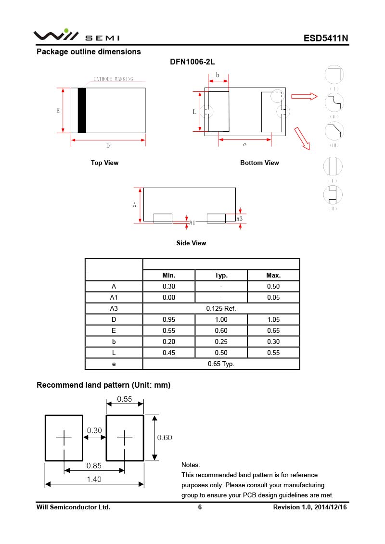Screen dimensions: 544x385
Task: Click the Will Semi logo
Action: [76, 36]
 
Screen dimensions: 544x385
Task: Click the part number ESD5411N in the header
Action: [325, 38]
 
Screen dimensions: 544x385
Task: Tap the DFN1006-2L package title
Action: [192, 63]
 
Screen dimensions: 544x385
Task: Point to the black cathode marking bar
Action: [82, 110]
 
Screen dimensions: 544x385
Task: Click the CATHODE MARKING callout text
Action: [113, 79]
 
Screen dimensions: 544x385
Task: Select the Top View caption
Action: [104, 163]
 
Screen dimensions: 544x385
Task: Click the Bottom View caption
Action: [259, 163]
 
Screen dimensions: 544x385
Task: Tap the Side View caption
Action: [191, 243]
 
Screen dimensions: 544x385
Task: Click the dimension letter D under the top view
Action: [108, 146]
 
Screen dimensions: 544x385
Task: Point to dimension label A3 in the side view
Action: [239, 219]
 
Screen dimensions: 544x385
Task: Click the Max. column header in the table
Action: [273, 276]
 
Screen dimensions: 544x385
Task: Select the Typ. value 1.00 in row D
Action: [221, 320]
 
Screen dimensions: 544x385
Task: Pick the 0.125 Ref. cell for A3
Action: [221, 309]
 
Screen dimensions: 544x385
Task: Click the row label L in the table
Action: [114, 353]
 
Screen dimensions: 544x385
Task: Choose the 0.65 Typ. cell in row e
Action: [221, 364]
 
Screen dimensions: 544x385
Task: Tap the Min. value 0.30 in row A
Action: [169, 287]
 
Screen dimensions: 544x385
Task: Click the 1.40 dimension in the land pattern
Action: [94, 479]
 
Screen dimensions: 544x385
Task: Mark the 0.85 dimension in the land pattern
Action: [94, 466]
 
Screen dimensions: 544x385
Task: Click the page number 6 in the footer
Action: [200, 507]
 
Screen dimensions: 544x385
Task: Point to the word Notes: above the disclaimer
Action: [191, 465]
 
